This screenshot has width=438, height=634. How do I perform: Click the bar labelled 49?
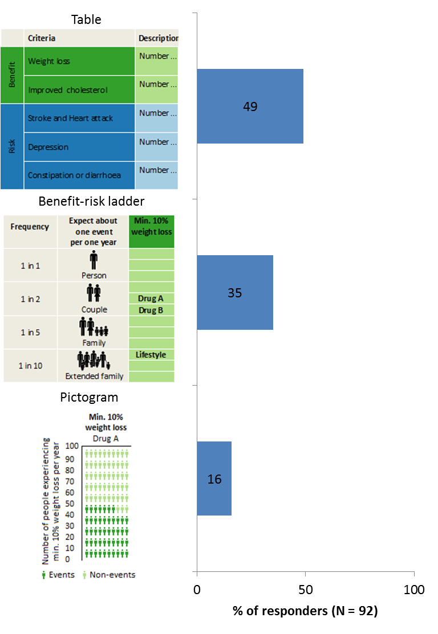coord(250,107)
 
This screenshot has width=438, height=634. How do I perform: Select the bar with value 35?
coord(234,293)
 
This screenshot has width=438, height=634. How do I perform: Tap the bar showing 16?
coord(214,479)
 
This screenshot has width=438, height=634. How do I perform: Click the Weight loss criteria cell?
coord(79,61)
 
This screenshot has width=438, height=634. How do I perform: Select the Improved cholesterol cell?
coord(79,90)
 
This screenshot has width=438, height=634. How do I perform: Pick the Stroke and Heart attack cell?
coord(79,118)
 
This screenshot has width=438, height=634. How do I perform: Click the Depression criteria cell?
coord(79,147)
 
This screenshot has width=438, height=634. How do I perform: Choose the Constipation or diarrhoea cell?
coord(79,175)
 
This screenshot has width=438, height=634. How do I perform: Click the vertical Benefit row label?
coord(12,75)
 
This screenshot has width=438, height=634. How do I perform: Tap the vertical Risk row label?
coord(12,146)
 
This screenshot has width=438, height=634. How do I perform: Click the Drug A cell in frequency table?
coord(151,298)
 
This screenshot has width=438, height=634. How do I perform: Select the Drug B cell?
coord(151,310)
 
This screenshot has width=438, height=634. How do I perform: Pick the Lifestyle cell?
coord(151,355)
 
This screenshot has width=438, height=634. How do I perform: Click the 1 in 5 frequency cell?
coord(30,332)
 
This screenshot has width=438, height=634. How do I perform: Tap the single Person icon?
coord(94,261)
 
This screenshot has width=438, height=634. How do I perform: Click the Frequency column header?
coord(30,227)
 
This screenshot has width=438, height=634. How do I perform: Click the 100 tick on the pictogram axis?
coord(72,446)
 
